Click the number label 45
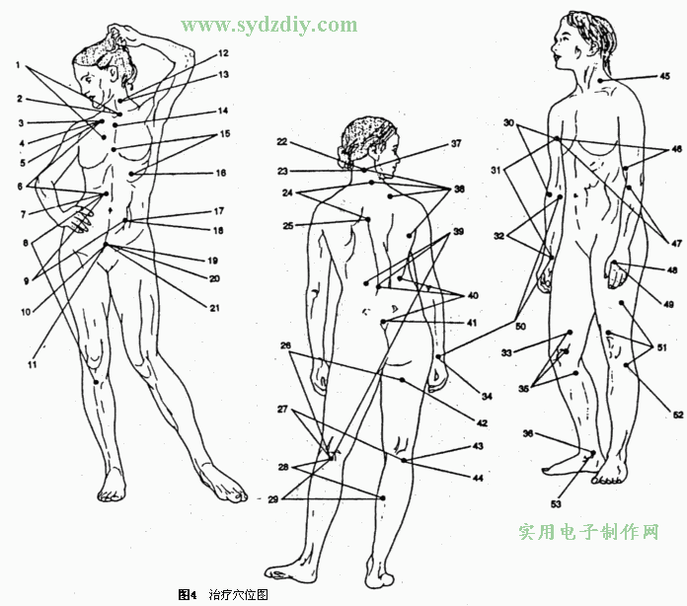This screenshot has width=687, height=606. pos(664,76)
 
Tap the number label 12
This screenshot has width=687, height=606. pos(223,53)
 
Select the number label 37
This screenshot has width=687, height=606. pos(456,143)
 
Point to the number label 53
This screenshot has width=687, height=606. pos(556,504)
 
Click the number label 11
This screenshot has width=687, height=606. pos(32,364)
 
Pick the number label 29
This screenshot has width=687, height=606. pos(273,499)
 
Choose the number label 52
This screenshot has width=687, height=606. pos(678,415)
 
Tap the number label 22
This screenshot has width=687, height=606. pos(282,141)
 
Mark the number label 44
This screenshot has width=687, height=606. pos(478,478)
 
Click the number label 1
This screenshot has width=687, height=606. pos(18,65)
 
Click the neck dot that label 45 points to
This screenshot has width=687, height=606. pos(600,81)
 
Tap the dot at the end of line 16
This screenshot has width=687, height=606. pos(131,174)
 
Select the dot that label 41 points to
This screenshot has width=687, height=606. pos(383,322)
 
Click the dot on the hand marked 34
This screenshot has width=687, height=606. pos(438,357)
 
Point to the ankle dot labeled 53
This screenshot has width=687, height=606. pos(593,453)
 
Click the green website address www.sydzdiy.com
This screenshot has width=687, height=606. pos(269,25)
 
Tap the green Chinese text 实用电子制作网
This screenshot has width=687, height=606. pos(589,532)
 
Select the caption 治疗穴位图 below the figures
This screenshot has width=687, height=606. pos(238,594)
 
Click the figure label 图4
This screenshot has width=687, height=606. pos(188,594)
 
